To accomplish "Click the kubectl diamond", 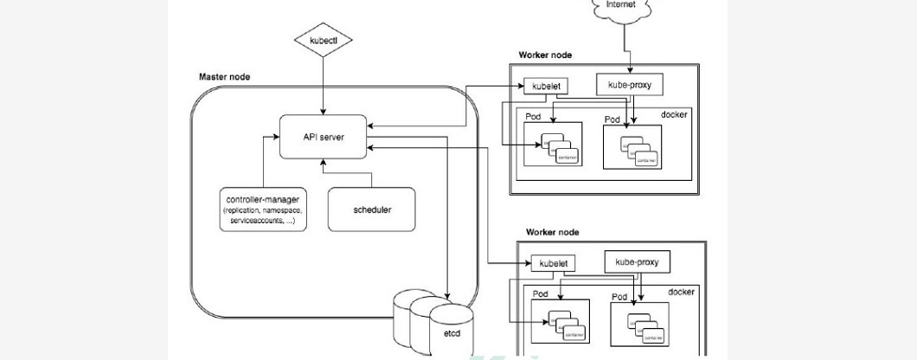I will [323, 41].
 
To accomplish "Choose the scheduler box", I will [371, 209].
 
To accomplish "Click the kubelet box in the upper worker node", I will [541, 86].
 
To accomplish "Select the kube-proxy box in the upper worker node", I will [630, 85].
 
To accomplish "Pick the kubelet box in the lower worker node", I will [552, 263].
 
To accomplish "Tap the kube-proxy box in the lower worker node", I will [641, 261].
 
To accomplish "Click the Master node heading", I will [224, 77].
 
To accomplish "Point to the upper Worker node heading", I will [545, 55].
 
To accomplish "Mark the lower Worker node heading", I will [553, 233].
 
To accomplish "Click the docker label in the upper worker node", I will [674, 114].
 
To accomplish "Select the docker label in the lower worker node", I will [681, 292].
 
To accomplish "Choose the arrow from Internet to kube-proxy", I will [629, 48].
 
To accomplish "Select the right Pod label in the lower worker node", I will [619, 297].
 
